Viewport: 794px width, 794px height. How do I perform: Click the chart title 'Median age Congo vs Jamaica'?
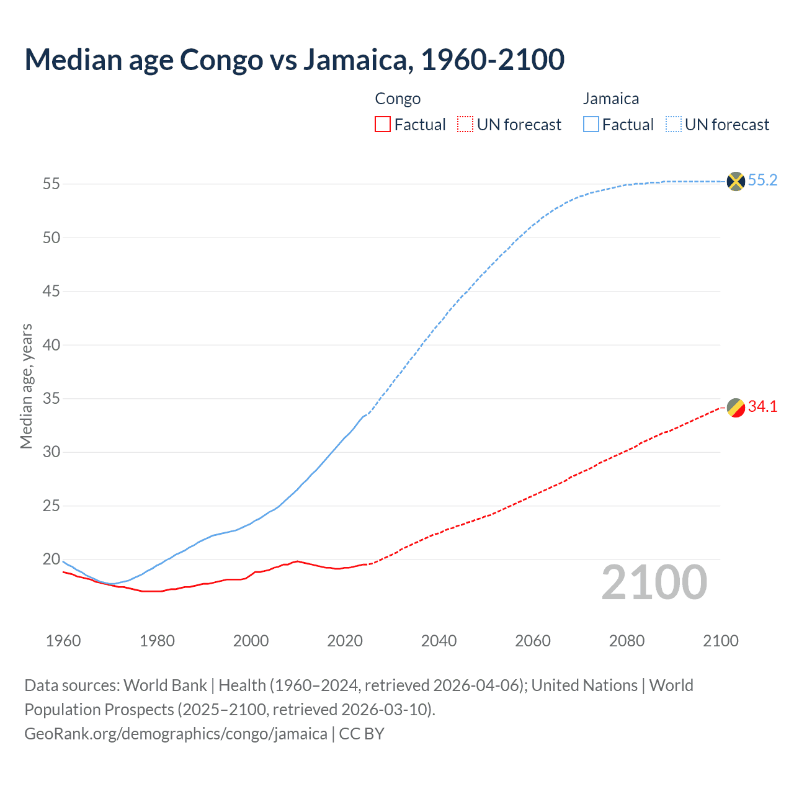[294, 60]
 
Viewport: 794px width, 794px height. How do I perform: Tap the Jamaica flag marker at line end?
[735, 181]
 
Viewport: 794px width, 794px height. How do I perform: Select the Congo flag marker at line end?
[735, 408]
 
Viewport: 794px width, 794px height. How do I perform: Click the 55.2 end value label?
[762, 181]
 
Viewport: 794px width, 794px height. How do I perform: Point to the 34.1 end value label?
[762, 407]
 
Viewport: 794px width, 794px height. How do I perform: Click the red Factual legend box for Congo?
[383, 125]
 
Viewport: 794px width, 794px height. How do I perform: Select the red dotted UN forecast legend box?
[465, 125]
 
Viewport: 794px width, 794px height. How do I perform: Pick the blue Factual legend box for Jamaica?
[591, 125]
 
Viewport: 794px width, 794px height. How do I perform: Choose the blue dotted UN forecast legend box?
[673, 125]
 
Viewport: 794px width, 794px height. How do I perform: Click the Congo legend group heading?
[398, 99]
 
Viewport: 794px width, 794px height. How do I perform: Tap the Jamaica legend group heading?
[610, 99]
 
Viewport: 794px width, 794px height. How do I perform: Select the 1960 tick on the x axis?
[63, 641]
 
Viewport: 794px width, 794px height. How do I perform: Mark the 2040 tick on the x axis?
[439, 641]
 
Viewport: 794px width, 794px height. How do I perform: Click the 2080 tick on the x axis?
[627, 641]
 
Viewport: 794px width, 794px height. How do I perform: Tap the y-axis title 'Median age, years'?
[26, 386]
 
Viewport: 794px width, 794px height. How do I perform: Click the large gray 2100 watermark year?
[654, 582]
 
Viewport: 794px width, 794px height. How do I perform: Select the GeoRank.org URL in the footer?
[176, 734]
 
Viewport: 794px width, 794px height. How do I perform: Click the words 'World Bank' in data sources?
[165, 685]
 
